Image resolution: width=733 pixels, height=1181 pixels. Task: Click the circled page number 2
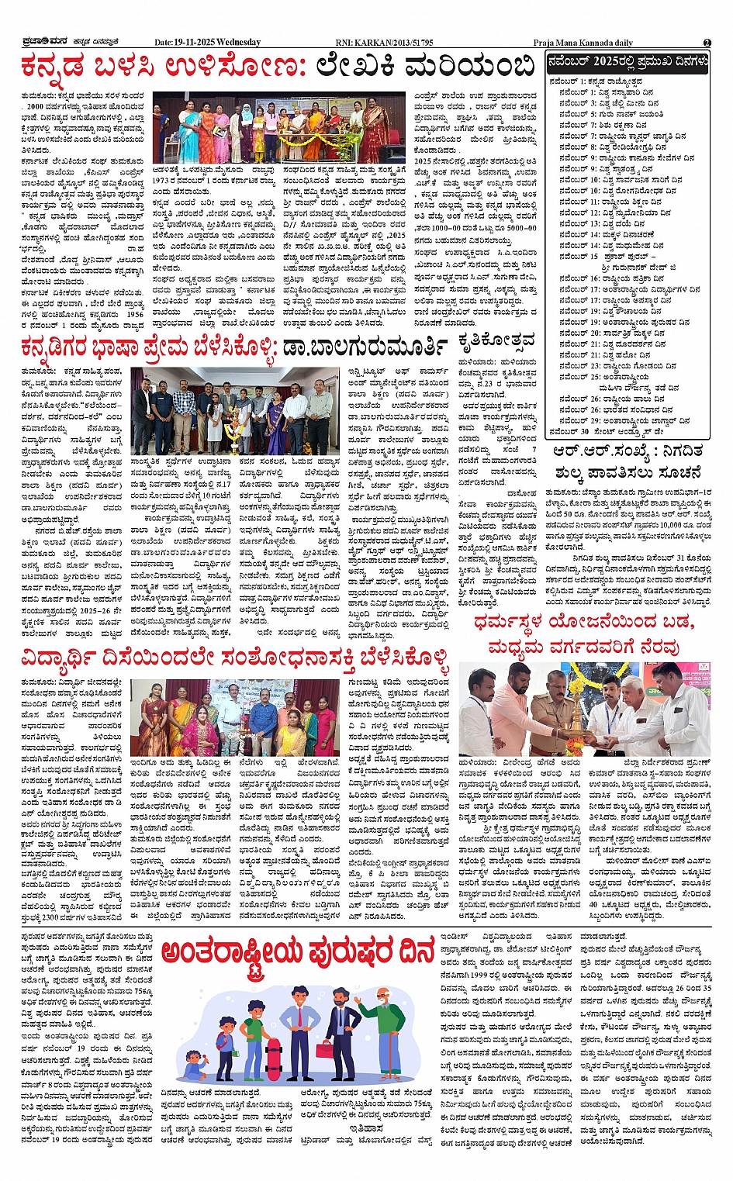(x=707, y=43)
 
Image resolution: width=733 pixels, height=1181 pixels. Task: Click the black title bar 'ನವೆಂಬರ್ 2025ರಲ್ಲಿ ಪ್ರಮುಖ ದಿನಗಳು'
(x=626, y=63)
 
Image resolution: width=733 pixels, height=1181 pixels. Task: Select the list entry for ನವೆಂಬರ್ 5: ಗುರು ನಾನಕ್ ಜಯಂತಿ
(x=612, y=114)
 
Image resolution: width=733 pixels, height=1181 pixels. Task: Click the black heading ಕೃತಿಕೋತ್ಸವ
(x=496, y=341)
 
